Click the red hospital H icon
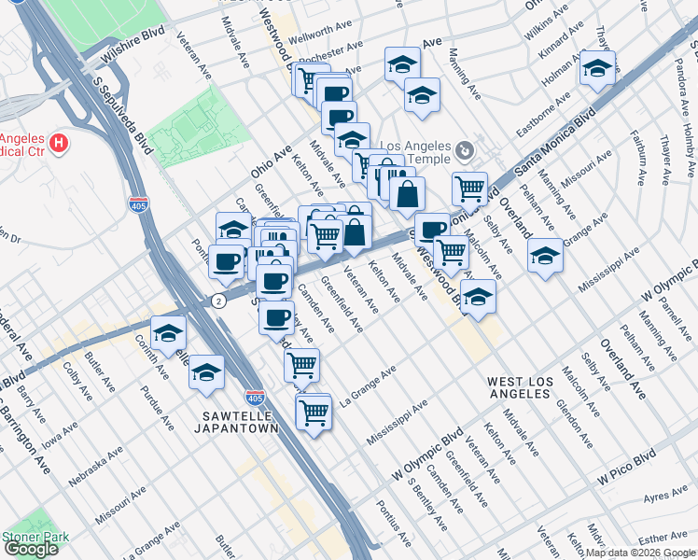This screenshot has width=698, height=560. click(59, 143)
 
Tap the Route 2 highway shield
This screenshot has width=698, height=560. click(216, 301)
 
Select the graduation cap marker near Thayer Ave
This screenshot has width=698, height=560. click(597, 68)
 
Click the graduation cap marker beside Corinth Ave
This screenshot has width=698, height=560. click(169, 333)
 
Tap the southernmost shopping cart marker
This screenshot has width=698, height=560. click(314, 410)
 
